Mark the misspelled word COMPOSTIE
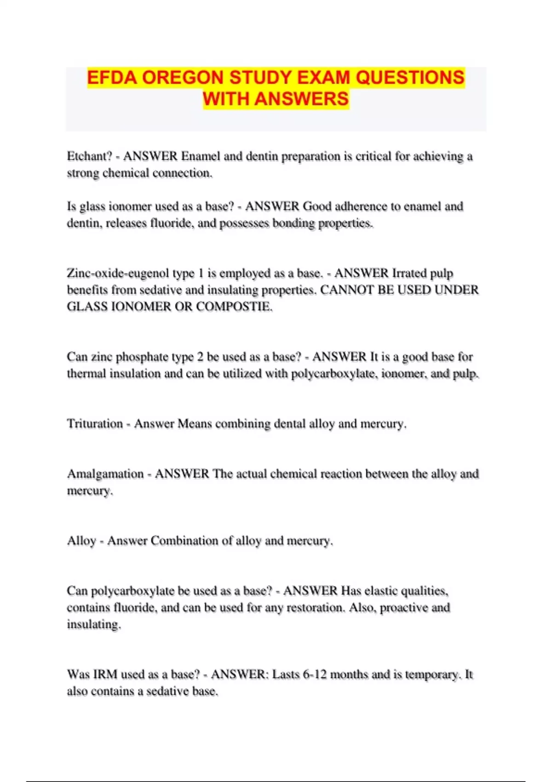click(234, 307)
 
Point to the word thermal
click(85, 374)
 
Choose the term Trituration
click(95, 424)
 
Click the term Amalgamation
click(105, 474)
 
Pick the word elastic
click(375, 591)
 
